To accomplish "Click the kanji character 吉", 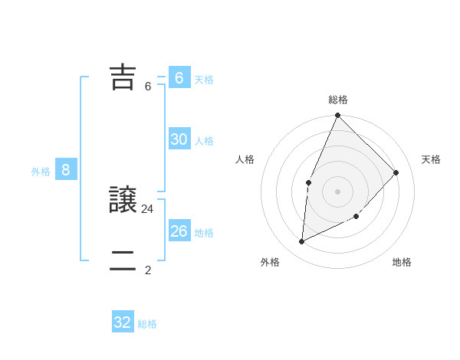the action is pos(123,77).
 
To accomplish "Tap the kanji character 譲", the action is pos(123,200).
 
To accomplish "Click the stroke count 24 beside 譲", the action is pos(148,208).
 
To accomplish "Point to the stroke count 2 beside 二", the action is pos(148,270).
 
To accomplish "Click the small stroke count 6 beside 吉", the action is pos(148,87).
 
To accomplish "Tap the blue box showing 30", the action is pos(179,139).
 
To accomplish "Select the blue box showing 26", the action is pos(179,231).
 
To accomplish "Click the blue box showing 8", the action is pos(66,170).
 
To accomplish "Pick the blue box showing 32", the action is pos(123,322).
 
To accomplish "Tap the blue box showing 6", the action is pos(179,77).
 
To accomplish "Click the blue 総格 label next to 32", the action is pos(147,324).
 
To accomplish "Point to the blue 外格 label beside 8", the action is pos(41,172).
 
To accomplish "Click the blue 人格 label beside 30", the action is pos(204,141).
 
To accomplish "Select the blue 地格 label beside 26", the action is pos(204,233).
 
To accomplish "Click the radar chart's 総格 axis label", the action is pos(338,100).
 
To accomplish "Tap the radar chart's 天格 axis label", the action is pos(431,159).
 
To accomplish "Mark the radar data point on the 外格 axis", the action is pos(302,242).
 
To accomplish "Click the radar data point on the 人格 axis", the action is pos(308,182).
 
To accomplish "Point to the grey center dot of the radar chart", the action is pos(337,191).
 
